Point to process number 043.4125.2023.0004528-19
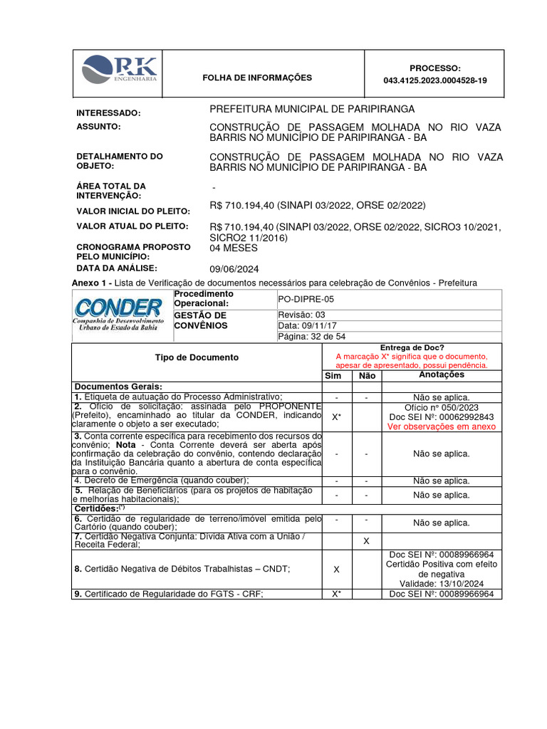coord(435,81)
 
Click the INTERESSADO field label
coord(108,113)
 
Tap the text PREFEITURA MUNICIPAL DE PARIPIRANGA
coord(311,109)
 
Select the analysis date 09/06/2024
coord(234,269)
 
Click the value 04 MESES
coord(234,248)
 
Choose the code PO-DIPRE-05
coord(307,299)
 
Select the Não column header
coord(366,375)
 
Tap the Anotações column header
coord(442,374)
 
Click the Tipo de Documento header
coord(197,357)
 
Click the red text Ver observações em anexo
coord(442,426)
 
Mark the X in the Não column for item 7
coord(366,541)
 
